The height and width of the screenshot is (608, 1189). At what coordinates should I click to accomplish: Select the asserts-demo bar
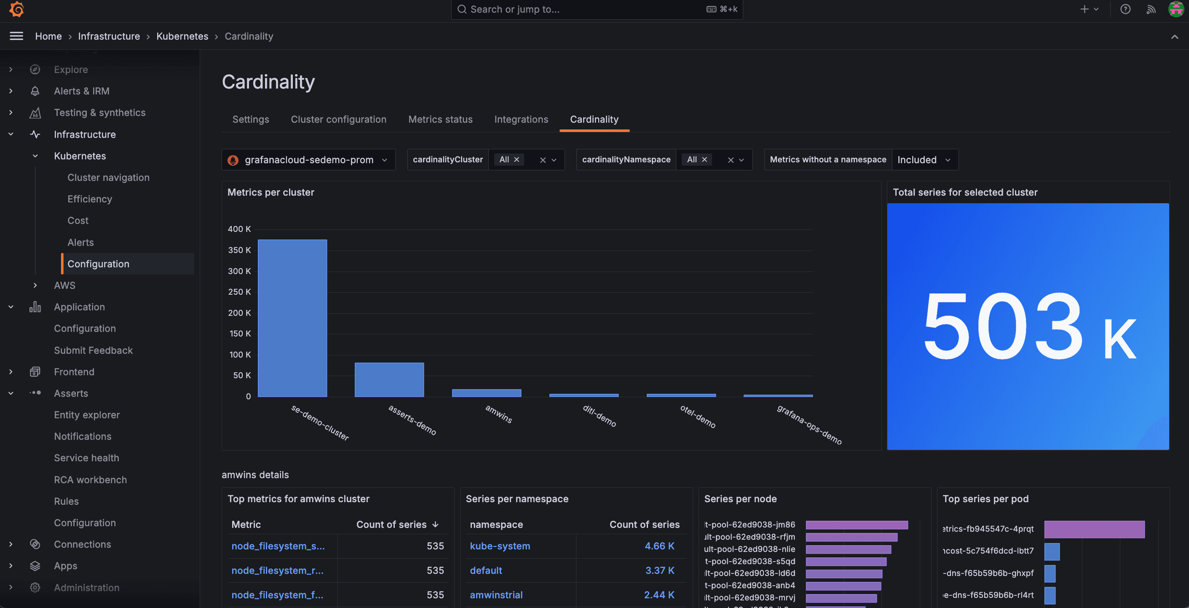(x=389, y=379)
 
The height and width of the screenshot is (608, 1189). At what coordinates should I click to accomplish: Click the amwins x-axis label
(x=498, y=414)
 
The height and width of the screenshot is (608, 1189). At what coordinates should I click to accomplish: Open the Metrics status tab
(x=440, y=119)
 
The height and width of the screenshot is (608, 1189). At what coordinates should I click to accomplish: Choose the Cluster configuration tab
(x=338, y=119)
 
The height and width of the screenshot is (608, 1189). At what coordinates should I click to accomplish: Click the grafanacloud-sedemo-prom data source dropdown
(x=308, y=160)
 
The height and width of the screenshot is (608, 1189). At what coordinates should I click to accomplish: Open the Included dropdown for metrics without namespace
(x=924, y=160)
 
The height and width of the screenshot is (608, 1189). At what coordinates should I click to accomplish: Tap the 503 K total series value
(x=1028, y=327)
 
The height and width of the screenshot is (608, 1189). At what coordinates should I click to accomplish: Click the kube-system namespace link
(x=500, y=546)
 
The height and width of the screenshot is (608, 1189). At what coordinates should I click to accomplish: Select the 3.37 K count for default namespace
(x=659, y=570)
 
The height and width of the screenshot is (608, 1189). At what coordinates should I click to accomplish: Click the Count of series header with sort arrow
(x=397, y=525)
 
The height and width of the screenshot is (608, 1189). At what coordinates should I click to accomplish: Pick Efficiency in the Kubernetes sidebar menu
(x=90, y=199)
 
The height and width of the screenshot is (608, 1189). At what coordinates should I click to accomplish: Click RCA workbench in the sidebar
(x=90, y=479)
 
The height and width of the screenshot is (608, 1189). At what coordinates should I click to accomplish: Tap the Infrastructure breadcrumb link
(x=109, y=36)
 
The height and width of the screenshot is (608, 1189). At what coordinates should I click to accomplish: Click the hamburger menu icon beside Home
(x=16, y=36)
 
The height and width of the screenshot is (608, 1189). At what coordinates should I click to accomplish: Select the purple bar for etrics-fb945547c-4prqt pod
(x=1094, y=529)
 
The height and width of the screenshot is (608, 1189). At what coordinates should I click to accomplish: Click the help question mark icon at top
(x=1125, y=9)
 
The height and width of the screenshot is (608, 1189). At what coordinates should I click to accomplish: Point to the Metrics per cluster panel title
(x=271, y=192)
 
